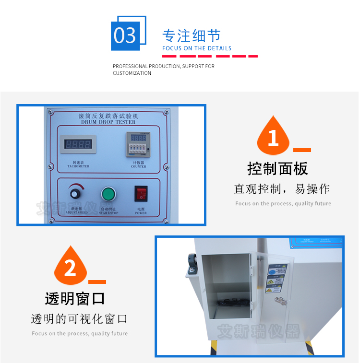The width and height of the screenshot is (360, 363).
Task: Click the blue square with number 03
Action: coord(126,36)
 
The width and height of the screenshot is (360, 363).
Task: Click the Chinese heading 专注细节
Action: coord(192,36)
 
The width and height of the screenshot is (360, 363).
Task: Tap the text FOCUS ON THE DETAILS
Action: coord(197,48)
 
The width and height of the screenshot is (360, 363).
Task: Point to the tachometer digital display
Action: coord(78,144)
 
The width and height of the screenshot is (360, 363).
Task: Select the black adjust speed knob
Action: coord(75,194)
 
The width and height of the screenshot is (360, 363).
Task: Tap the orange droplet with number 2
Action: coord(70,266)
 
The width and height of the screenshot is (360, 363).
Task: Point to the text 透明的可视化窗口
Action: coord(79,319)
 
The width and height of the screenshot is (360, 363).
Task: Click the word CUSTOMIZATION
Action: coord(132,73)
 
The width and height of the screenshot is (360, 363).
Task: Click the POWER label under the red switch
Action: coord(141,213)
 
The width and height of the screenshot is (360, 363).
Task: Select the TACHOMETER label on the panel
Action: coord(78,166)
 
